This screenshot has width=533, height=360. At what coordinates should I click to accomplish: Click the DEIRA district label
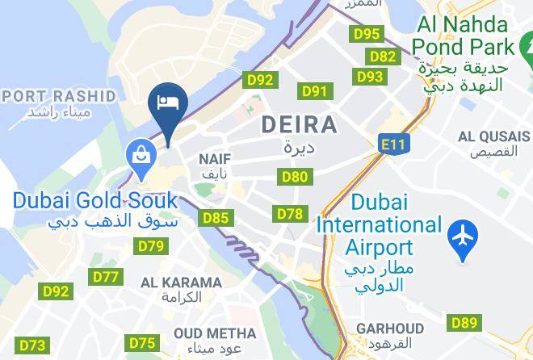click(x=299, y=125)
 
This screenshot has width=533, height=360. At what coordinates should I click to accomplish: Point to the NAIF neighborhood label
click(x=216, y=159)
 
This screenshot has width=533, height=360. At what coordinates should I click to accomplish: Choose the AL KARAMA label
click(x=181, y=283)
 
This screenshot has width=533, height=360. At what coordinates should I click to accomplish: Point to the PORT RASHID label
click(x=61, y=96)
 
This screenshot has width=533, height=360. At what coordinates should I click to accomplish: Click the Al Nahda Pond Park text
click(x=463, y=36)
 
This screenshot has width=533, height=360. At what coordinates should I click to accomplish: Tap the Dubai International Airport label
click(x=378, y=224)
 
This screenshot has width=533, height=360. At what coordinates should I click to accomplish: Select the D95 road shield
click(x=367, y=34)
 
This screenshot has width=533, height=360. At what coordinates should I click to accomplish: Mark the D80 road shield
click(x=294, y=177)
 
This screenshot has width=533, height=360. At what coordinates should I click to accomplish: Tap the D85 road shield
click(x=216, y=217)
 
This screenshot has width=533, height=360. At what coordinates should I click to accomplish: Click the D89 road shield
click(x=464, y=323)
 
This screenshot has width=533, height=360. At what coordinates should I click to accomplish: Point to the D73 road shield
click(x=31, y=345)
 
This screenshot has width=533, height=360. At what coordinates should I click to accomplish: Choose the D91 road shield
click(x=313, y=91)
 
